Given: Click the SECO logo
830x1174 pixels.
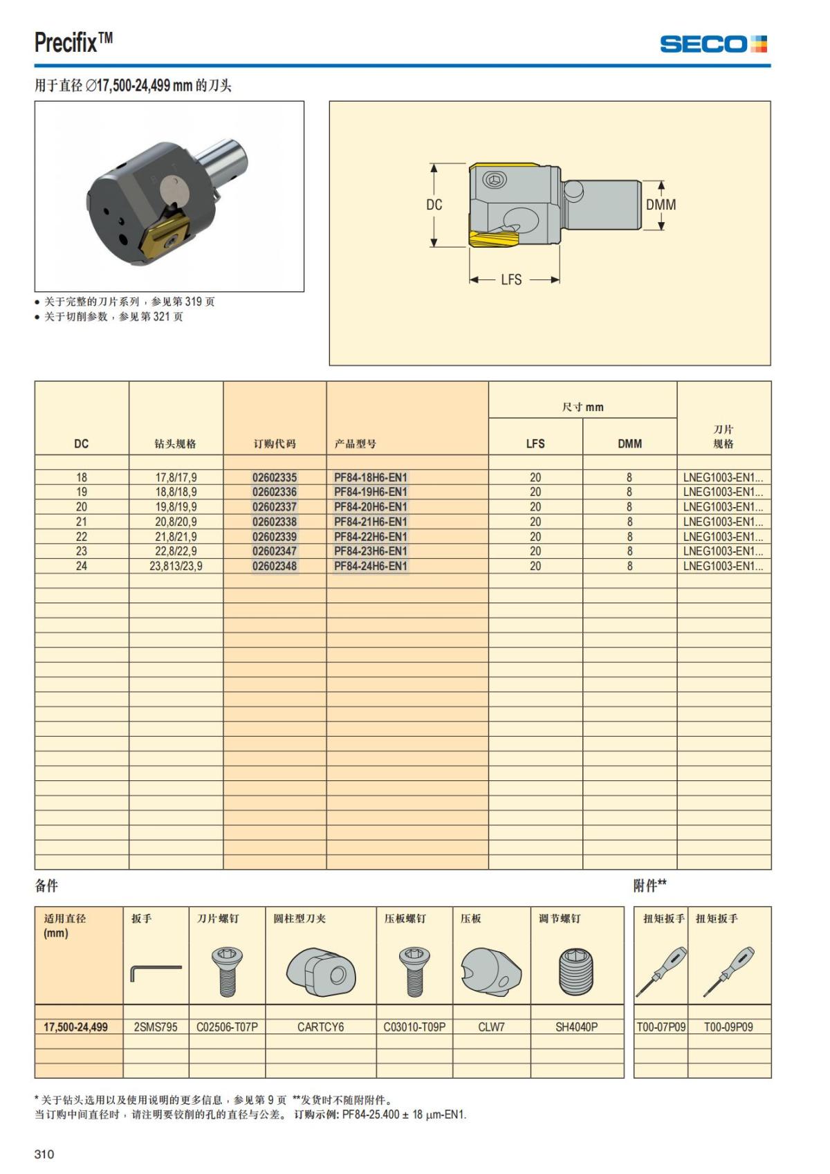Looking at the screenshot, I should pyautogui.click(x=713, y=44).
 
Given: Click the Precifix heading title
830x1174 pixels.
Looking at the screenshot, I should pyautogui.click(x=73, y=43).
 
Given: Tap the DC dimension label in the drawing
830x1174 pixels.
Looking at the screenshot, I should pyautogui.click(x=434, y=205).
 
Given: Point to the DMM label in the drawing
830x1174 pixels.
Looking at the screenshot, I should pyautogui.click(x=661, y=205).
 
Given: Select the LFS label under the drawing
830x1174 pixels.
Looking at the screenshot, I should pyautogui.click(x=511, y=279).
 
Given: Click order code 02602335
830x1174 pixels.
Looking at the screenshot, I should pyautogui.click(x=275, y=477).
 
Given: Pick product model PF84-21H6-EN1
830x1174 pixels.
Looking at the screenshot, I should pyautogui.click(x=371, y=522).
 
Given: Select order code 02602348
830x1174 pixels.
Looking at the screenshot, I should pyautogui.click(x=275, y=566).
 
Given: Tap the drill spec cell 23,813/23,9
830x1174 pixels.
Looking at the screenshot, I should pyautogui.click(x=176, y=566).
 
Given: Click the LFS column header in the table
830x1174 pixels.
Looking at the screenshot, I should pyautogui.click(x=535, y=443).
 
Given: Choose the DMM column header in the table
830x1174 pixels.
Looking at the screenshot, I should pyautogui.click(x=629, y=443).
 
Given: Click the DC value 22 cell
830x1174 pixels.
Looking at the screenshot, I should pyautogui.click(x=82, y=537).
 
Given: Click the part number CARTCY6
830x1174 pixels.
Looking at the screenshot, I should pyautogui.click(x=320, y=1027).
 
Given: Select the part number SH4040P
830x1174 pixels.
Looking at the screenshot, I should pyautogui.click(x=576, y=1027).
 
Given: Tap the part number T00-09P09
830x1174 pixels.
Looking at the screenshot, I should pyautogui.click(x=728, y=1027).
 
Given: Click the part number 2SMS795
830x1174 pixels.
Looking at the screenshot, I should pyautogui.click(x=156, y=1027).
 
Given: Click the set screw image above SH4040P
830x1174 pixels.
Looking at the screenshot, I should pyautogui.click(x=576, y=971).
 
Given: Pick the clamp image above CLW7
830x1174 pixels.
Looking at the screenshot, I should pyautogui.click(x=490, y=971).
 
